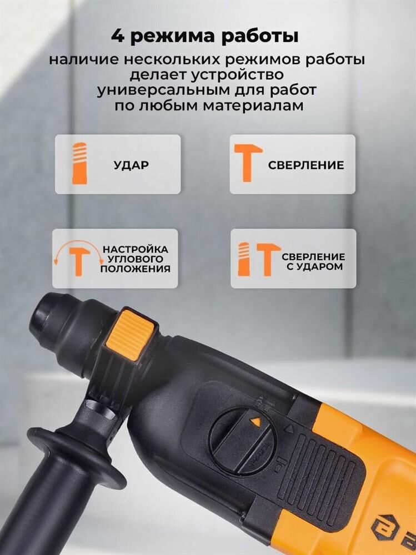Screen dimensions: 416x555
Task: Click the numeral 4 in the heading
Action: (x=118, y=37)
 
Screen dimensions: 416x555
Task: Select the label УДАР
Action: (x=131, y=165)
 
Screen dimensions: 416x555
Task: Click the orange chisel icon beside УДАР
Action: (x=80, y=164)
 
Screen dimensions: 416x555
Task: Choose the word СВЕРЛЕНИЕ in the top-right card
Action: (x=306, y=165)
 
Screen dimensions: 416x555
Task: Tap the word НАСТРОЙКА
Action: (x=136, y=250)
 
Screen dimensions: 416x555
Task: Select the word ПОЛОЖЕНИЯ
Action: (x=135, y=269)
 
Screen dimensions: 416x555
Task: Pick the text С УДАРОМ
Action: (x=315, y=266)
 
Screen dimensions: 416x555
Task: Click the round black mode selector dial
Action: (x=242, y=440)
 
